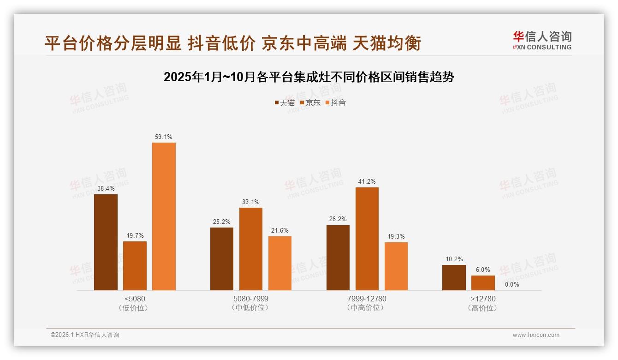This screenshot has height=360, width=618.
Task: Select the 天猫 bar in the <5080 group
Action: pyautogui.click(x=106, y=242)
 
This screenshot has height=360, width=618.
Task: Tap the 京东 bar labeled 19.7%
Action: pyautogui.click(x=135, y=265)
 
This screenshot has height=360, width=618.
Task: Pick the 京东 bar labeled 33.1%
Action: pyautogui.click(x=251, y=249)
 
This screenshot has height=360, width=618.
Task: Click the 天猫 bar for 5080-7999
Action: pyautogui.click(x=222, y=258)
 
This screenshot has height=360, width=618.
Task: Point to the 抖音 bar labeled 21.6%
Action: pyautogui.click(x=280, y=263)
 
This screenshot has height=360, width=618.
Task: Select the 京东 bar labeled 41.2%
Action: pyautogui.click(x=367, y=239)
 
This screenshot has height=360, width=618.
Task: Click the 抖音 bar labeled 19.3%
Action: pyautogui.click(x=396, y=266)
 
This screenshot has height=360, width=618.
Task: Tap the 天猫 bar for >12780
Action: pyautogui.click(x=454, y=277)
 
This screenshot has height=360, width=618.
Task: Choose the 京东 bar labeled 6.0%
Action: pyautogui.click(x=483, y=282)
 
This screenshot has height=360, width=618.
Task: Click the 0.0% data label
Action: pyautogui.click(x=512, y=284)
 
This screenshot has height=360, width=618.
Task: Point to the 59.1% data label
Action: pyautogui.click(x=164, y=137)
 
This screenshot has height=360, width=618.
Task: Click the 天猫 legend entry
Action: pyautogui.click(x=285, y=102)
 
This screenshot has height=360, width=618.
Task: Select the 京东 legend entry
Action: pyautogui.click(x=310, y=102)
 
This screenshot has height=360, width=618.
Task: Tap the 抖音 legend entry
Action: pyautogui.click(x=336, y=102)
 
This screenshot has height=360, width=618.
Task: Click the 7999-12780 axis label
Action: pyautogui.click(x=367, y=299)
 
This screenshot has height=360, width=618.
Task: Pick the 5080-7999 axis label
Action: pyautogui.click(x=251, y=299)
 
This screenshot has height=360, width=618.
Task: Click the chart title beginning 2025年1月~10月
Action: pyautogui.click(x=309, y=77)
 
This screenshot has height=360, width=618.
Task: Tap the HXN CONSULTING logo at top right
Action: pyautogui.click(x=542, y=40)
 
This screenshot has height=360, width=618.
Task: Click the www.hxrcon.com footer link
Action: pyautogui.click(x=536, y=335)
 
